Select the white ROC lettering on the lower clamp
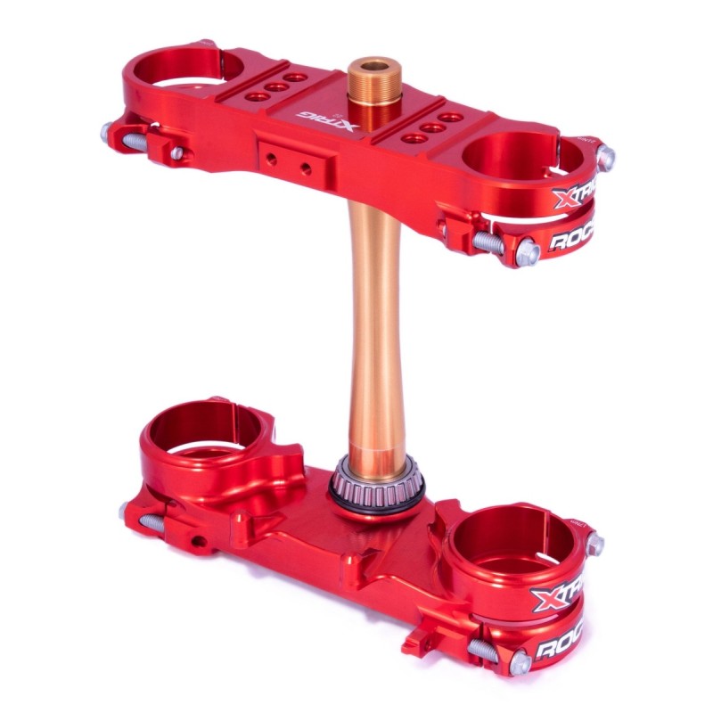point(560,643)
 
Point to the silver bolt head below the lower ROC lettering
point(520,661)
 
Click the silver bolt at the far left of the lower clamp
point(126,511)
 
